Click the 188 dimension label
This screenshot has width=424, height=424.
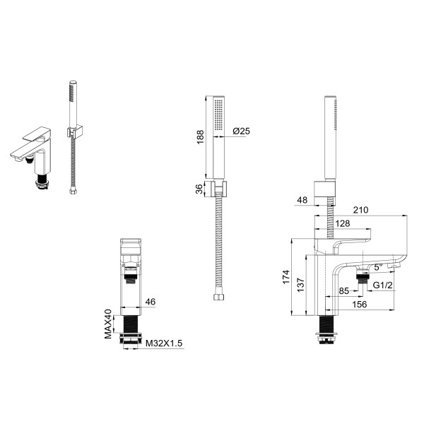[201, 137]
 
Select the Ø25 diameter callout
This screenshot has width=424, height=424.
[242, 131]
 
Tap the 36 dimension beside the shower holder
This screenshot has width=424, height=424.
[199, 189]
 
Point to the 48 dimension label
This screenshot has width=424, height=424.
[302, 200]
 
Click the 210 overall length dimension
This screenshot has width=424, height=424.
[360, 210]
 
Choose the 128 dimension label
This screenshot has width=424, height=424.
[343, 223]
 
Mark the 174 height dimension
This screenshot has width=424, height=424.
[286, 276]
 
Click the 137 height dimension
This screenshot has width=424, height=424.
[301, 285]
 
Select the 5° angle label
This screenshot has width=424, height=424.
[378, 267]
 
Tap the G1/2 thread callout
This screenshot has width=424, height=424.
[382, 285]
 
